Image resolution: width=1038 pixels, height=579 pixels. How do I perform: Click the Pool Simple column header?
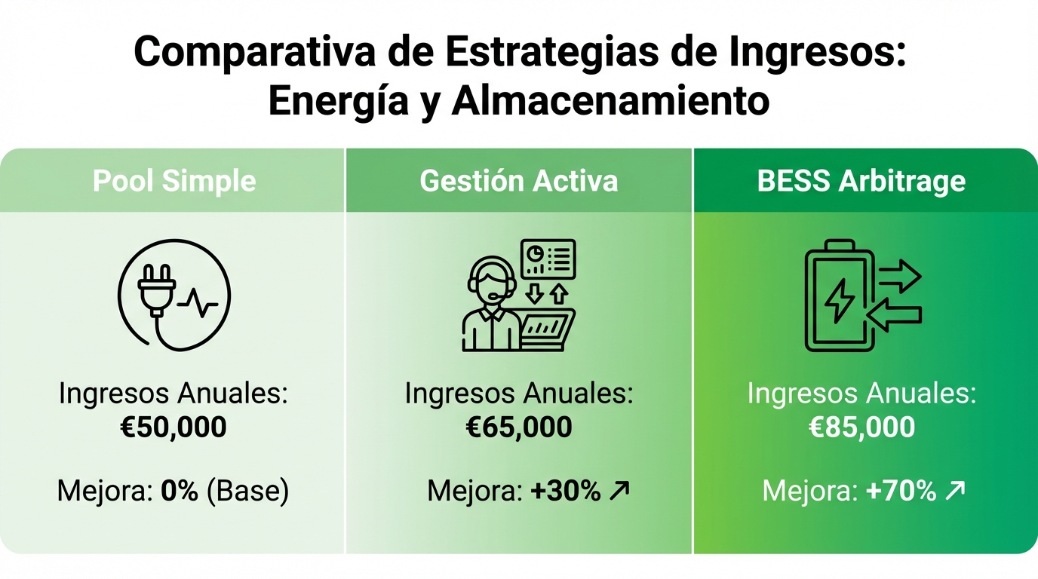(x=174, y=181)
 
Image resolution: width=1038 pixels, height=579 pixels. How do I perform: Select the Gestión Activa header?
(x=518, y=181)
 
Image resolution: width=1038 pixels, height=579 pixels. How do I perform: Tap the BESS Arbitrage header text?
(x=861, y=181)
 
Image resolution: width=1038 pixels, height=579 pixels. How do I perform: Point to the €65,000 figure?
(x=519, y=427)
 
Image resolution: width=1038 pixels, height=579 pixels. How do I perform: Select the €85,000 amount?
(x=861, y=427)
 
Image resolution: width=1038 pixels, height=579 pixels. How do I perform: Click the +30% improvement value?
(x=566, y=492)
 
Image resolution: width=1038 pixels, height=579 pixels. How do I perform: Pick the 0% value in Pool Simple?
(x=180, y=492)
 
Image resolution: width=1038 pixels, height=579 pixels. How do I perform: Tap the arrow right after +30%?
(x=619, y=492)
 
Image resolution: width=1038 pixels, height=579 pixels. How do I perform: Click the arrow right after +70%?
(x=955, y=492)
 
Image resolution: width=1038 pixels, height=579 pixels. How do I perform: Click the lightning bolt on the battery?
(x=839, y=301)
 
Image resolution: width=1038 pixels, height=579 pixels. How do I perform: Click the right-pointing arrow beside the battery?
(x=899, y=277)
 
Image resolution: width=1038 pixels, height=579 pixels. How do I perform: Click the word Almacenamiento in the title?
(x=610, y=101)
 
